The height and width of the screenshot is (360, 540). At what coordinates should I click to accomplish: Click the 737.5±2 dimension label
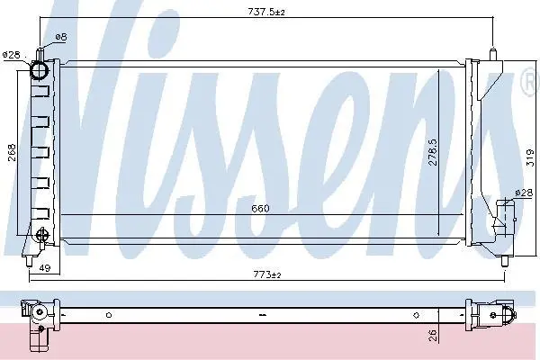point(266,12)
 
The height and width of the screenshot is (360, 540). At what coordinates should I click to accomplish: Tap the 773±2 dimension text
point(267,274)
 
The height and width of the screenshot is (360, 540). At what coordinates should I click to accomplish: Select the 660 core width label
point(260,209)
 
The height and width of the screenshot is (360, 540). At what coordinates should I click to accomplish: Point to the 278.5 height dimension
point(433,151)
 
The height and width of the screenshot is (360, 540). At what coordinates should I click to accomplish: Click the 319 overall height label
point(530,157)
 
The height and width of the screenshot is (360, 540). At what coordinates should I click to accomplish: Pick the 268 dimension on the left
point(12,152)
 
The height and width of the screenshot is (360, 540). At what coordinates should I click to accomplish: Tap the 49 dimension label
point(45,267)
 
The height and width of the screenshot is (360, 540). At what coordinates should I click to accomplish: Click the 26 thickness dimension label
point(433,336)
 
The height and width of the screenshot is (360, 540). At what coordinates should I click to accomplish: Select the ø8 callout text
point(61,37)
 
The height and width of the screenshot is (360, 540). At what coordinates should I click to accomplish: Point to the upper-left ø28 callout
point(12,55)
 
